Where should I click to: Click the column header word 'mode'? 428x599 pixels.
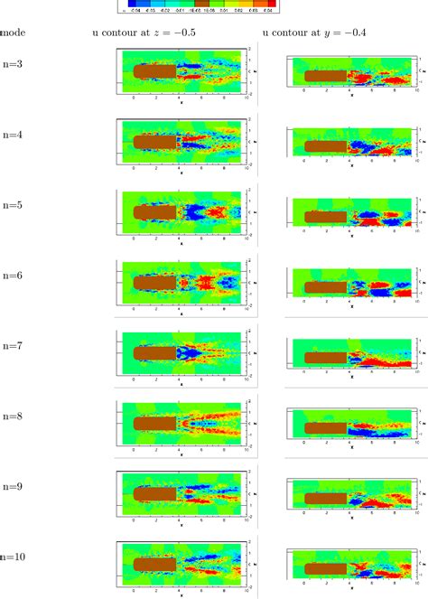pos(13,33)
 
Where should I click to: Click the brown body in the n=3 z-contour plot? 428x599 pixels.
pos(154,70)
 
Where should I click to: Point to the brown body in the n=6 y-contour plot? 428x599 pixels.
pos(325,287)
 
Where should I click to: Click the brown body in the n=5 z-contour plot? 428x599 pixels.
pos(154,211)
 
